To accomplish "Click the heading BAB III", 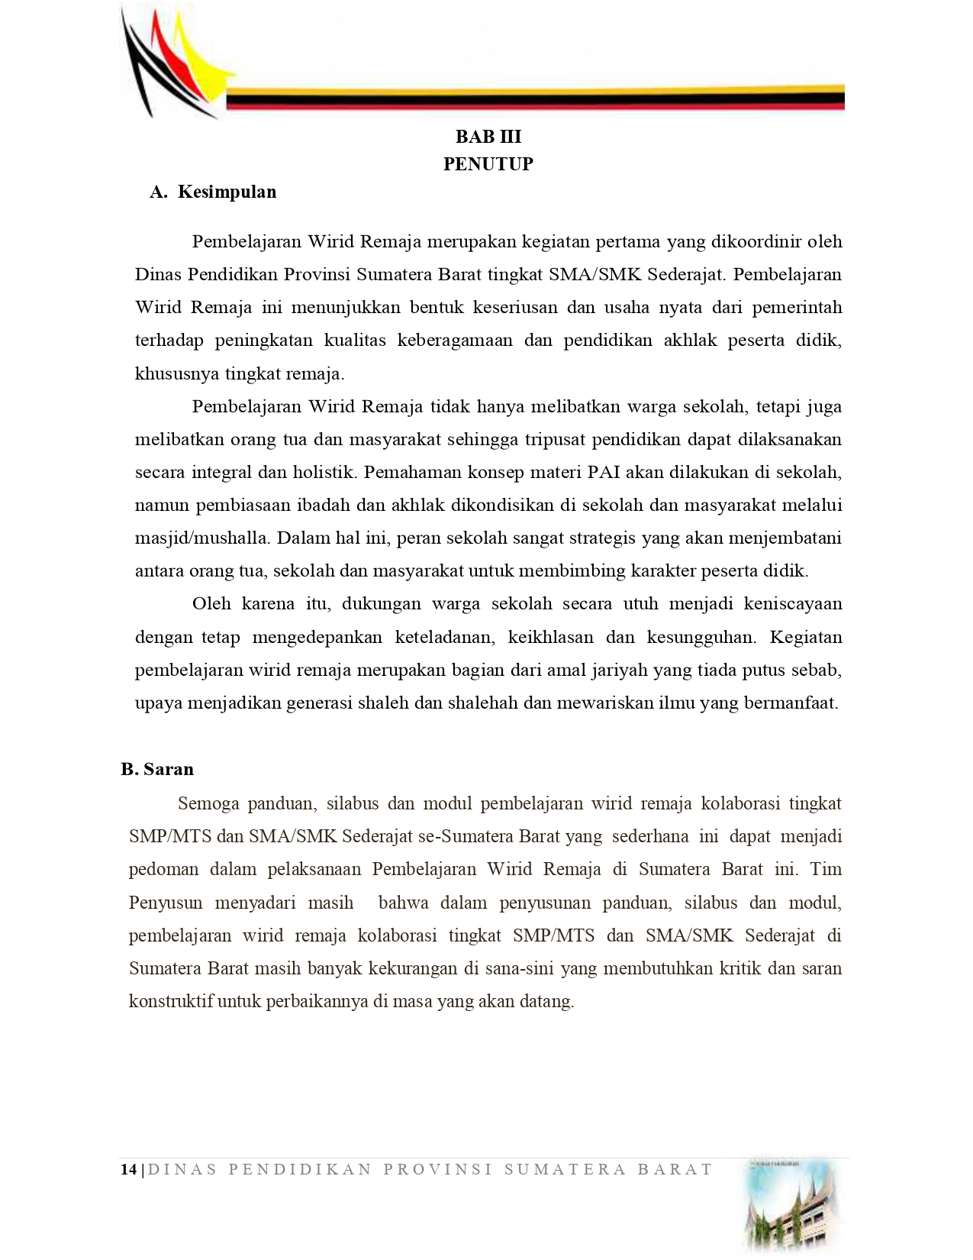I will [488, 137].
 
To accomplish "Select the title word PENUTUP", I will [488, 164].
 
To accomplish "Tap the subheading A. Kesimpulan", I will [213, 192].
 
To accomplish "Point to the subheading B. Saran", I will [157, 769].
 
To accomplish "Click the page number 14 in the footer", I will [128, 1169].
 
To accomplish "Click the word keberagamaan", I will [455, 341].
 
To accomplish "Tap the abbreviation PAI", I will [604, 473].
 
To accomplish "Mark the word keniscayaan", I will [794, 604].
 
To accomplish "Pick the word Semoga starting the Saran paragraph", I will [208, 804].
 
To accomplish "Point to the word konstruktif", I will [171, 1002].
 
